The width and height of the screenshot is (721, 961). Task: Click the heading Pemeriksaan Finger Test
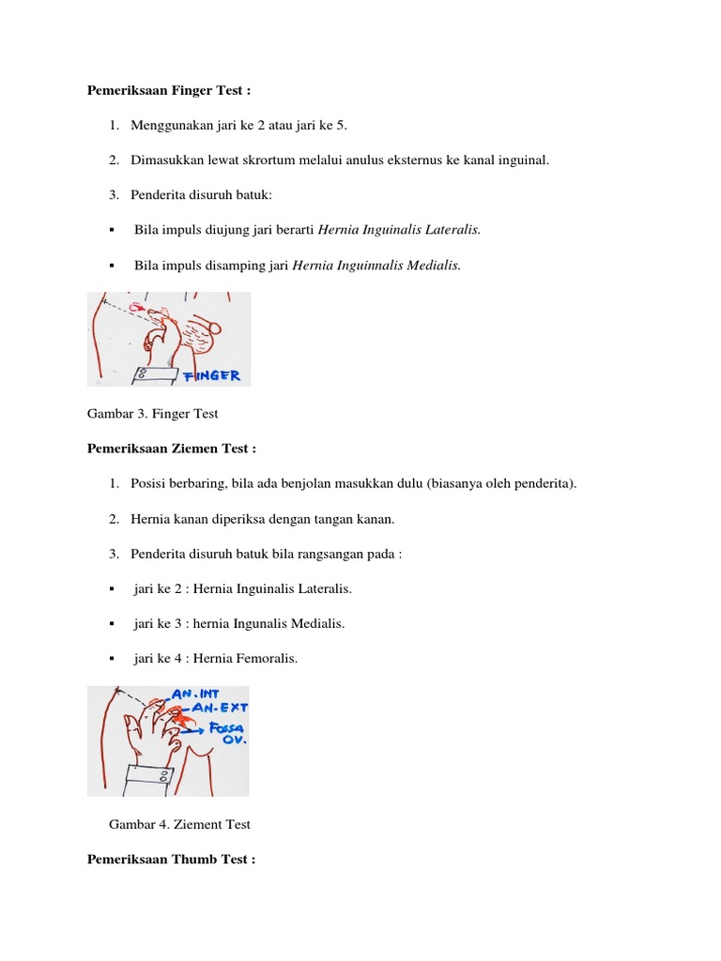170,91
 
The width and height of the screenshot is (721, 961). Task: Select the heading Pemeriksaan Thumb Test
171,859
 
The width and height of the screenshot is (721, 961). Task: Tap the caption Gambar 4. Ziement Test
180,824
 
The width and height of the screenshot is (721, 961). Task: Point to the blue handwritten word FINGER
212,375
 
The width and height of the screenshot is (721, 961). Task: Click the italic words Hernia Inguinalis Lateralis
400,229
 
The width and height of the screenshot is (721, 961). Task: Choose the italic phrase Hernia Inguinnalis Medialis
377,266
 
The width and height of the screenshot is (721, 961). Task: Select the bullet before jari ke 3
112,624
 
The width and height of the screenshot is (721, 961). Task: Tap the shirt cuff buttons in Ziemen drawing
164,777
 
